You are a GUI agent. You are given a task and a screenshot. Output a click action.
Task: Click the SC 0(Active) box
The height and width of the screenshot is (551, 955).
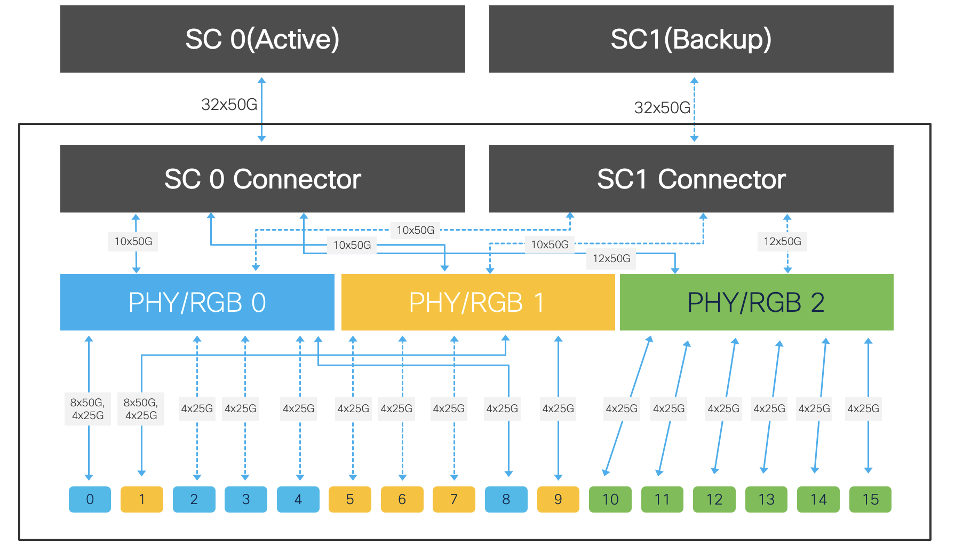tap(262, 39)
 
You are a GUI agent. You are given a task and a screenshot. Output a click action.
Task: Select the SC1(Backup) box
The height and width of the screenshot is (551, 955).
tap(691, 39)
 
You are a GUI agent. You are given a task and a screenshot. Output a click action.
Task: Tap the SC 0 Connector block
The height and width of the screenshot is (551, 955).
tap(262, 179)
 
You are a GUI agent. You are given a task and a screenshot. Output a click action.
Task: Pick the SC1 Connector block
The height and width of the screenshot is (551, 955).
tap(691, 179)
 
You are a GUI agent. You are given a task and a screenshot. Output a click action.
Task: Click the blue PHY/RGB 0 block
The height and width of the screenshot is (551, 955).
tap(197, 302)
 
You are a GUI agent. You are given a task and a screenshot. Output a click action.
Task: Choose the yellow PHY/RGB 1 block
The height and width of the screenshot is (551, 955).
tap(477, 302)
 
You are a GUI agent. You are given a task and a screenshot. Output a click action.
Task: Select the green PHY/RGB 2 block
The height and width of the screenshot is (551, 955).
tap(756, 302)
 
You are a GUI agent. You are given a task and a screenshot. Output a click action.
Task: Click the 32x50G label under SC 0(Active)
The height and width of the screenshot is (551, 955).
tap(229, 104)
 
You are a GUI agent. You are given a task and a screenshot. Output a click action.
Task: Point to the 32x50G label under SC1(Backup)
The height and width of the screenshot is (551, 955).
tap(662, 108)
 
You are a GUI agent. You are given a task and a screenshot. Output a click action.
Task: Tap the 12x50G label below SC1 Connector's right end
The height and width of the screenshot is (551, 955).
tap(782, 241)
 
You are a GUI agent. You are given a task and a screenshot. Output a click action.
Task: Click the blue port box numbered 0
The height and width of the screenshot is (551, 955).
tap(90, 499)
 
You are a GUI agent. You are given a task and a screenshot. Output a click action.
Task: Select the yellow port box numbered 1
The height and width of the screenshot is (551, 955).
tap(141, 499)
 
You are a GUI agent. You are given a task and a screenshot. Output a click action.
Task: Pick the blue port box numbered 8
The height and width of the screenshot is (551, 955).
tap(506, 499)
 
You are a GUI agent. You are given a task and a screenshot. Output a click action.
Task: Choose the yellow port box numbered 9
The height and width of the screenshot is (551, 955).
tap(558, 499)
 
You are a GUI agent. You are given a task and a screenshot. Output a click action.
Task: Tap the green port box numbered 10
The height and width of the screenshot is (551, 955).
tap(610, 499)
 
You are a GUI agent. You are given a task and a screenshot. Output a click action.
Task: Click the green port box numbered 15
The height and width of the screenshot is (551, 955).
tap(870, 499)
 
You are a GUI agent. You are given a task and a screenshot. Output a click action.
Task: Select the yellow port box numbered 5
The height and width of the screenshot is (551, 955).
tap(349, 499)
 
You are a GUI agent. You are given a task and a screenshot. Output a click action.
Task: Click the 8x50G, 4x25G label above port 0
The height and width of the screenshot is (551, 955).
tap(87, 409)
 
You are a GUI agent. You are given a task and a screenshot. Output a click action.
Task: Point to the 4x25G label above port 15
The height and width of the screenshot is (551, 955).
tap(863, 408)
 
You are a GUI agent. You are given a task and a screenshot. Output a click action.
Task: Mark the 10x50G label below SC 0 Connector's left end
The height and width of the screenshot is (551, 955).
tap(133, 241)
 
